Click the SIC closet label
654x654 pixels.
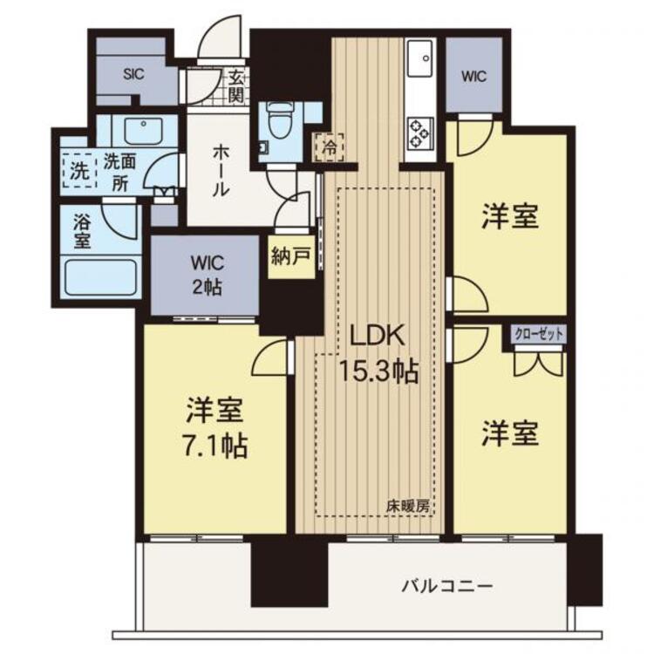tap(134, 74)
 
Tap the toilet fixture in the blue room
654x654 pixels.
tap(276, 120)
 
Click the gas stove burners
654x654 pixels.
tap(419, 133)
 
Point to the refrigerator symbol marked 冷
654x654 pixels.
tap(330, 146)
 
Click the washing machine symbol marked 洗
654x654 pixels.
tap(79, 171)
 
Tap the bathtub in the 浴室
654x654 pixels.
tap(100, 278)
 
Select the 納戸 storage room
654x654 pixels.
tap(291, 257)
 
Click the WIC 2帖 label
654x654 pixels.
tap(208, 275)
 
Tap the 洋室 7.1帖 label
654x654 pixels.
tap(215, 427)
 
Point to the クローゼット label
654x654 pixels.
tap(539, 334)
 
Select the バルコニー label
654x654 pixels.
tap(447, 587)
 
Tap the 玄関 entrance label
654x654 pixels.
tap(236, 86)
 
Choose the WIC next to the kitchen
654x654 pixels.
tap(473, 76)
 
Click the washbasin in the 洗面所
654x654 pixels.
tap(143, 131)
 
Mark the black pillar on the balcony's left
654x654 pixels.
tap(290, 575)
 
